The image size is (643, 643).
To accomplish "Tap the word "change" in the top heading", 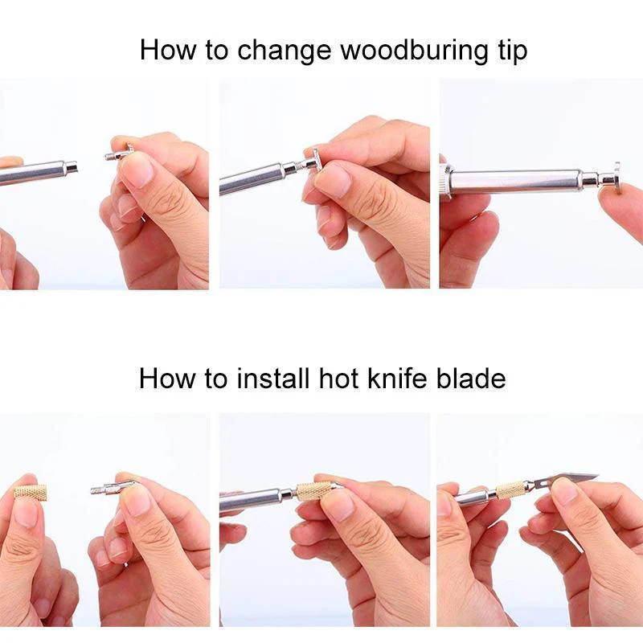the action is (284, 51).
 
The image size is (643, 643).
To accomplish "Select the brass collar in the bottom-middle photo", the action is (313, 492).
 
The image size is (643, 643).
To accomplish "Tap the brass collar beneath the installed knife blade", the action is (511, 489).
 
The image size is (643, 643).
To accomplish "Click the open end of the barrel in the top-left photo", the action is (72, 167).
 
